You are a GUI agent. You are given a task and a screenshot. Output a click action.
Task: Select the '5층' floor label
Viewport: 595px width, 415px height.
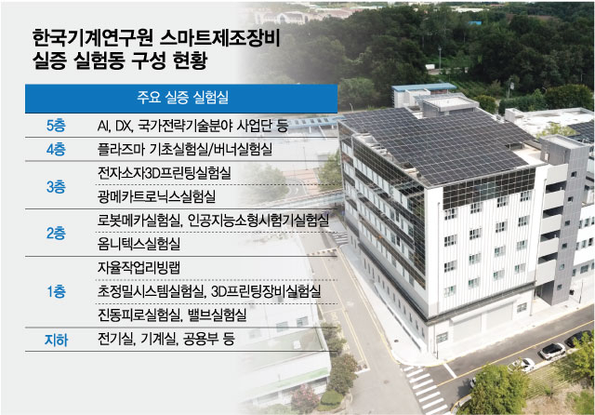click(x=56, y=126)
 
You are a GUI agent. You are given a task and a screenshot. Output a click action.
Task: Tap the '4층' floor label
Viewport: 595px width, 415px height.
click(x=56, y=149)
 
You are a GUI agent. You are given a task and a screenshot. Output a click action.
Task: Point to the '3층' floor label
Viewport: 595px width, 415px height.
click(x=56, y=186)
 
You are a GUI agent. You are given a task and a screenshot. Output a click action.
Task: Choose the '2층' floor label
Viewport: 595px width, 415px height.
click(x=56, y=234)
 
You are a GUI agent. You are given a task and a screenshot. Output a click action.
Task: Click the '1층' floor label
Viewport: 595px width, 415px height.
click(x=56, y=291)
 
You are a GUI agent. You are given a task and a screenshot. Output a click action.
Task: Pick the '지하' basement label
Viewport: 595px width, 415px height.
click(x=56, y=340)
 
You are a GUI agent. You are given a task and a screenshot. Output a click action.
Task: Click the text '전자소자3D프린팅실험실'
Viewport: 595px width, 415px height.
click(x=164, y=173)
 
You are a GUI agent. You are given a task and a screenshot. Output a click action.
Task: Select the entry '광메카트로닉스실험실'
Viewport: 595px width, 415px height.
click(x=156, y=196)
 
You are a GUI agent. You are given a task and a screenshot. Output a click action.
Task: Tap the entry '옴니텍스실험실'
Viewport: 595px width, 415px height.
click(x=139, y=244)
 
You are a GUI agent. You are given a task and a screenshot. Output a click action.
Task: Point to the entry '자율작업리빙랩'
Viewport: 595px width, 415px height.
click(x=139, y=268)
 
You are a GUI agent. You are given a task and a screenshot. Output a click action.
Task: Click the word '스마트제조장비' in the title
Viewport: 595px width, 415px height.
click(x=219, y=37)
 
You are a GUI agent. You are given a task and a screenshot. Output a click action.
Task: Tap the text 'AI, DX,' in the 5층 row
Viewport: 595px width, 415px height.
click(x=115, y=126)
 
